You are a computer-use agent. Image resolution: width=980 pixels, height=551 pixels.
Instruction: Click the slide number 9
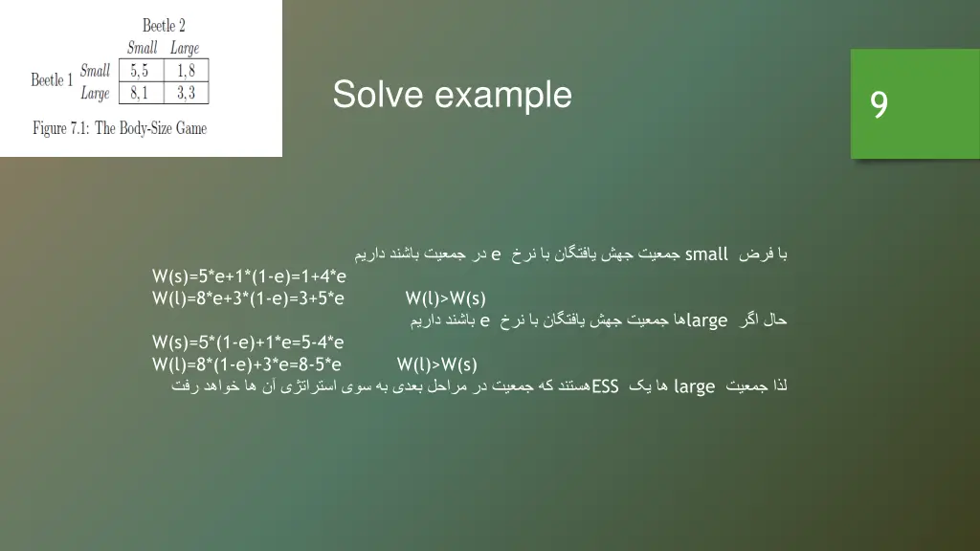(x=879, y=104)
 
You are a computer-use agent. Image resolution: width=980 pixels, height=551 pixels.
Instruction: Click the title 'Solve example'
(x=452, y=95)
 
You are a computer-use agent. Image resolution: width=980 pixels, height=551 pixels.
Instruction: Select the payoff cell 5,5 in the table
(x=139, y=71)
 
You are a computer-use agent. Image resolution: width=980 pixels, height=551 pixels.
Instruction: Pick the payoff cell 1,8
(x=186, y=71)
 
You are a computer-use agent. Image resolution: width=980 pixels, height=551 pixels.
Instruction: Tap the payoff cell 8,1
(x=139, y=93)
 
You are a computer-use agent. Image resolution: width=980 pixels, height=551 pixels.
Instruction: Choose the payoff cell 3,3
(x=186, y=93)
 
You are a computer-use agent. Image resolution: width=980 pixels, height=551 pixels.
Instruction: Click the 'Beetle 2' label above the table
(x=164, y=25)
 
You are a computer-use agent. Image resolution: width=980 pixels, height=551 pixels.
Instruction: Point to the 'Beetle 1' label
(x=52, y=80)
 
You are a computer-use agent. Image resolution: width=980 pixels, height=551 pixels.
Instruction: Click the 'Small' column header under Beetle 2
(x=142, y=48)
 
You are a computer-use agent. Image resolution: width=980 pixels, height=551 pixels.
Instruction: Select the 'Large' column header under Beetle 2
(x=185, y=48)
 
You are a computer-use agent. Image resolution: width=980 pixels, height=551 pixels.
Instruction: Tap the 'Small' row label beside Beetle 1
(x=95, y=70)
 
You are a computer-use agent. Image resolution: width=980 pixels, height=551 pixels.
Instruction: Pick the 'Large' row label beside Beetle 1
(x=95, y=93)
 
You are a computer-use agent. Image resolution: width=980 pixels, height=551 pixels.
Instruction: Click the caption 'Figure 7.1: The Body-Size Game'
(x=120, y=128)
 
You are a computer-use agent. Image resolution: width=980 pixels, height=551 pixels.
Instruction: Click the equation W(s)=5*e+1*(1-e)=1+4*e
(x=249, y=276)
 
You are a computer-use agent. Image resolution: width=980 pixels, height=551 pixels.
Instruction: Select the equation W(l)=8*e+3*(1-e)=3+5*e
(x=248, y=298)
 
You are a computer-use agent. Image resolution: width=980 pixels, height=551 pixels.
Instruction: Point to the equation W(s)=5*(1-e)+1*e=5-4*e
(x=248, y=342)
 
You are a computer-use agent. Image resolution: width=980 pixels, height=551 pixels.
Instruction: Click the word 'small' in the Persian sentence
(x=706, y=254)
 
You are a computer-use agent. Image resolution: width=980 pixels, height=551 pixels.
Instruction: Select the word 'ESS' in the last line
(x=606, y=386)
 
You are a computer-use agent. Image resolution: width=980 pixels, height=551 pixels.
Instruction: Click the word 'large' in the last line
(x=694, y=386)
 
